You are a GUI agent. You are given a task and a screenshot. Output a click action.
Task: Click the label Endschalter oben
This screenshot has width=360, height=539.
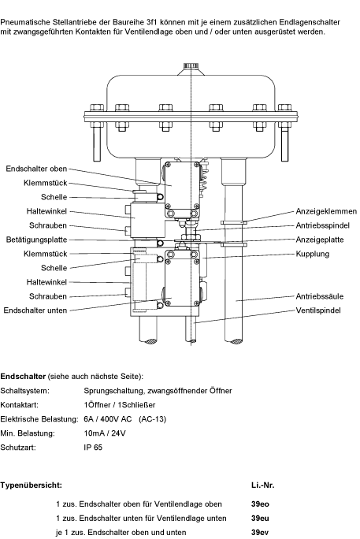pyautogui.click(x=36, y=169)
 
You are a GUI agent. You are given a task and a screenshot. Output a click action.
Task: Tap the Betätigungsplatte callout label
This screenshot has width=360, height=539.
pyautogui.click(x=36, y=240)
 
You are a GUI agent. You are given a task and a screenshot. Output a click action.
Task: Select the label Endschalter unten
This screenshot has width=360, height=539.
pyautogui.click(x=35, y=310)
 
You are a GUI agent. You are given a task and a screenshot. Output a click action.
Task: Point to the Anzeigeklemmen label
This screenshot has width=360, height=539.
pyautogui.click(x=326, y=211)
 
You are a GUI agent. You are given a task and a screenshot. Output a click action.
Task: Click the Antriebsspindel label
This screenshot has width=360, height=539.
pyautogui.click(x=322, y=225)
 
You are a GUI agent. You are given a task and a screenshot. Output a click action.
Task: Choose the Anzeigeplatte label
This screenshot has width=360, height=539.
pyautogui.click(x=320, y=240)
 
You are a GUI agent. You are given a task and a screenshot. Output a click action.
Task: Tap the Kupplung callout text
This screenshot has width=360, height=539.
pyautogui.click(x=313, y=254)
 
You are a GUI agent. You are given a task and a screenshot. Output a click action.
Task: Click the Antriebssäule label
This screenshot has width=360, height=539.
pyautogui.click(x=320, y=296)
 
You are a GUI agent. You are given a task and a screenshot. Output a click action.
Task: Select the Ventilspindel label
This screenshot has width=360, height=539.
pyautogui.click(x=318, y=310)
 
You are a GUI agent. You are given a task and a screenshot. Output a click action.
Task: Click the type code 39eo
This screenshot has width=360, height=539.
pyautogui.click(x=260, y=504)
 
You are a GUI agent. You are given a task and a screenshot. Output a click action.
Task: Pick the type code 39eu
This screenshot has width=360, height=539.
pyautogui.click(x=260, y=519)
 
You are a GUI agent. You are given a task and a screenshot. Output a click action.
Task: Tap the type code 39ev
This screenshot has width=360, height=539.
pyautogui.click(x=260, y=533)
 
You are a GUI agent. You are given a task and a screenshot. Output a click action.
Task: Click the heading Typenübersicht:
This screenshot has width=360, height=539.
pyautogui.click(x=32, y=485)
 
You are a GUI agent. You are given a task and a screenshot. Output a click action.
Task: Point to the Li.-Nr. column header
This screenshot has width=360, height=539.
pyautogui.click(x=263, y=485)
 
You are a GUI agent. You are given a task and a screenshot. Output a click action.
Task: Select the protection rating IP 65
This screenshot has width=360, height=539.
pyautogui.click(x=93, y=448)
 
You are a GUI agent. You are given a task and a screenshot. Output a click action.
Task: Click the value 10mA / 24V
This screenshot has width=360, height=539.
pyautogui.click(x=105, y=433)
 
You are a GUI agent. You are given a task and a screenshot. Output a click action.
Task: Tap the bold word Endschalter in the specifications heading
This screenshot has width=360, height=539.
pyautogui.click(x=23, y=377)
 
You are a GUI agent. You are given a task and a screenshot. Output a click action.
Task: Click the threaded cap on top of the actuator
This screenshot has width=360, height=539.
pyautogui.click(x=190, y=65)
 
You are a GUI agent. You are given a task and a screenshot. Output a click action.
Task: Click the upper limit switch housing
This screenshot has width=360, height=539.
pyautogui.click(x=182, y=190)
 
